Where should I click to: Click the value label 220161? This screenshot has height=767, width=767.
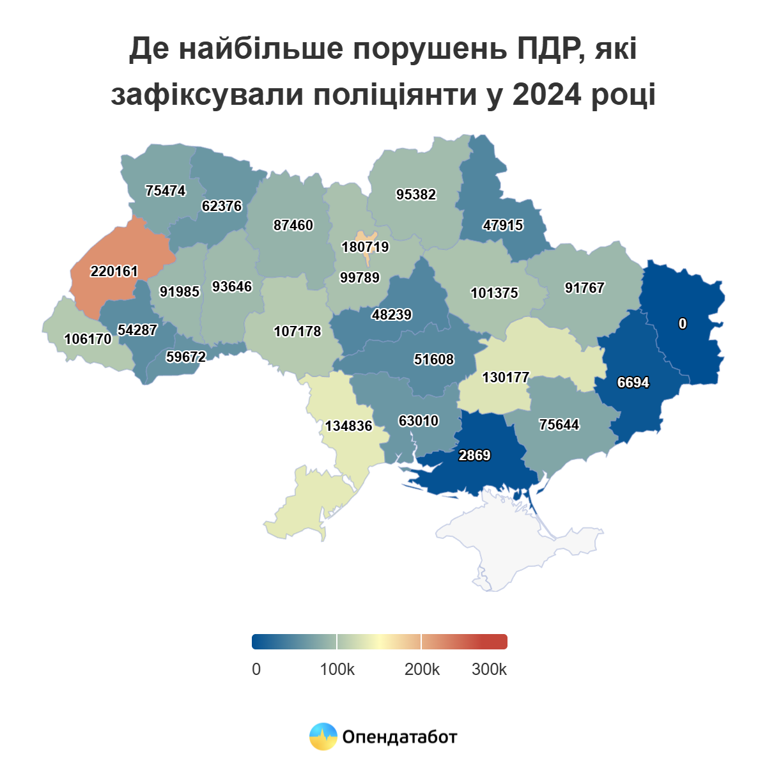[114, 272]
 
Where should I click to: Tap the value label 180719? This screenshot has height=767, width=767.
[365, 247]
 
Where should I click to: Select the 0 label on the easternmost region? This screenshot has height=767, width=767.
[683, 324]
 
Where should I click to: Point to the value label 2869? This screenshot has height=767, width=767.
[474, 456]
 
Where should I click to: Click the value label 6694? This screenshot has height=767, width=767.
[633, 383]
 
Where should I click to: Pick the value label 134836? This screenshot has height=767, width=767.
[348, 426]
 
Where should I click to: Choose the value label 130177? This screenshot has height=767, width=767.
[506, 378]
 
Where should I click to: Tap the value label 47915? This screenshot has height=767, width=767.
[503, 226]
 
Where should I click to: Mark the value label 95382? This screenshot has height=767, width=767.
[416, 195]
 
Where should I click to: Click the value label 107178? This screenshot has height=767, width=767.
[297, 332]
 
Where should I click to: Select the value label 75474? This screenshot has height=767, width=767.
[166, 191]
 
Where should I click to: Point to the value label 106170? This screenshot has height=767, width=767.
[88, 339]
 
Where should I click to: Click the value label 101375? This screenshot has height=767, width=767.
[494, 293]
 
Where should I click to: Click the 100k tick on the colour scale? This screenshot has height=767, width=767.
[337, 669]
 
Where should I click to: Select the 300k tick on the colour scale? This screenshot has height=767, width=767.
[489, 669]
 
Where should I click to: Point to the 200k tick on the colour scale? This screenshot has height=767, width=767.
[422, 669]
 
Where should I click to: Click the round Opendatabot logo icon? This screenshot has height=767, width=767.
[323, 736]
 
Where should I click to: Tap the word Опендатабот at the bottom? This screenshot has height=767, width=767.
[399, 737]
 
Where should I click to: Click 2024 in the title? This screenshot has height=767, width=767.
[546, 95]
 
